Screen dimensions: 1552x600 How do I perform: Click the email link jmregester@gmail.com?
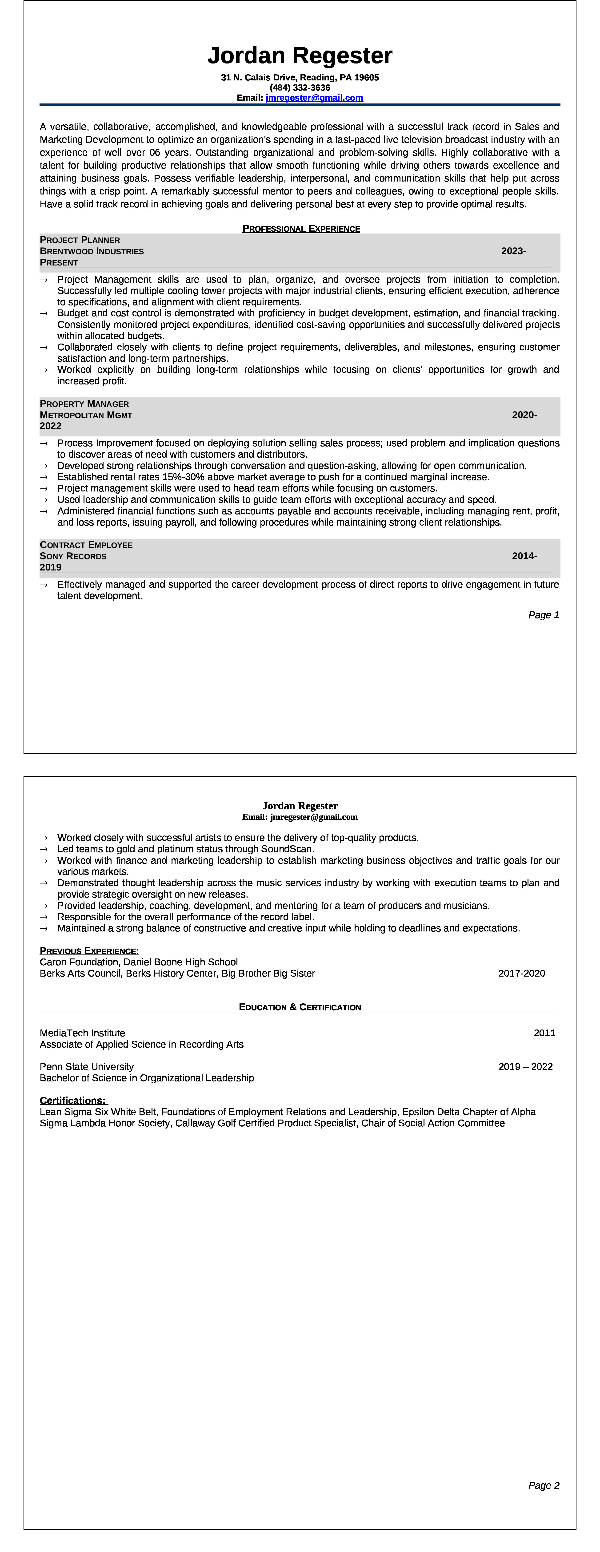click(314, 98)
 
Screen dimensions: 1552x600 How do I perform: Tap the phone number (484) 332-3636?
click(300, 87)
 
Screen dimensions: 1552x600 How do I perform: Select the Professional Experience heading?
click(301, 228)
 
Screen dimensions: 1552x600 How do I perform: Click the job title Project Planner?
click(80, 240)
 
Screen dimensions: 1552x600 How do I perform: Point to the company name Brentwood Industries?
click(92, 251)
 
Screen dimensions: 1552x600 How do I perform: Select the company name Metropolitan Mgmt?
click(86, 415)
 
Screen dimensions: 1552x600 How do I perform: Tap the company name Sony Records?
click(73, 556)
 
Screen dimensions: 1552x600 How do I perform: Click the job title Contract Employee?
click(86, 545)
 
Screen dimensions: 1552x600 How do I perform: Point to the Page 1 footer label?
click(543, 615)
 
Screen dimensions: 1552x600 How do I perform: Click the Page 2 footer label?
click(543, 1485)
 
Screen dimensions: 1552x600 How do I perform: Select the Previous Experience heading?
click(89, 951)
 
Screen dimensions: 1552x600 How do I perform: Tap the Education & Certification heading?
click(300, 1007)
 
